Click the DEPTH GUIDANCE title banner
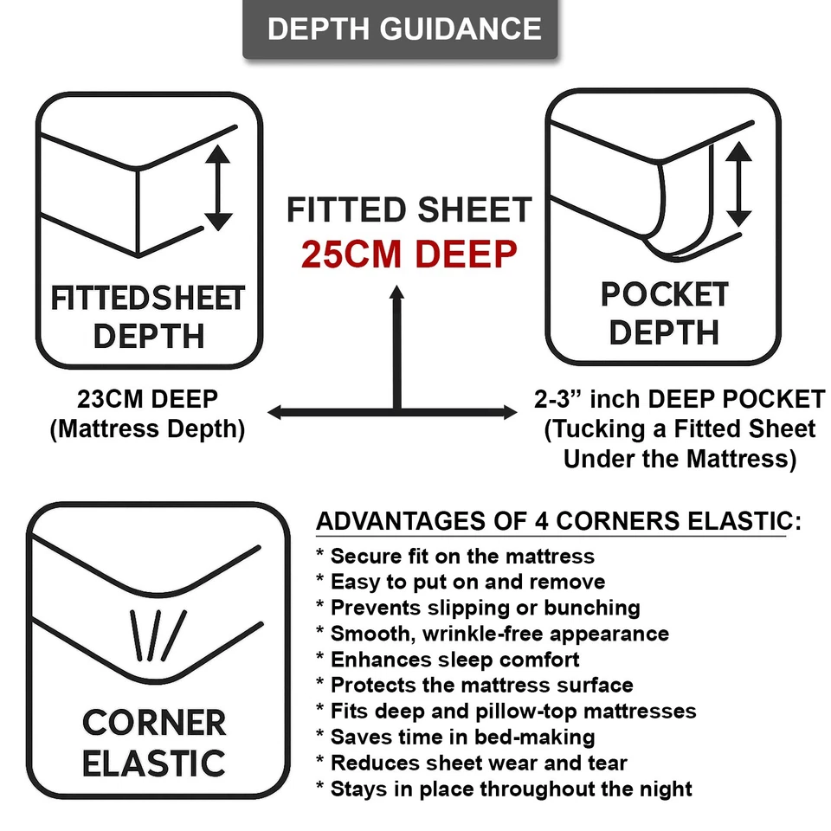point(404,29)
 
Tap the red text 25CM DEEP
point(409,254)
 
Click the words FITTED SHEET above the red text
point(409,210)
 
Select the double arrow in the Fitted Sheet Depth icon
point(218,187)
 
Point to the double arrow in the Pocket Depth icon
point(738,184)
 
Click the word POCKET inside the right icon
point(665,295)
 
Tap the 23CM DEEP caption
point(147,400)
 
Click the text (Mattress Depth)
point(147,428)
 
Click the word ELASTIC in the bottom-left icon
point(154,763)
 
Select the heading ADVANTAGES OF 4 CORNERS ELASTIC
point(558,521)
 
